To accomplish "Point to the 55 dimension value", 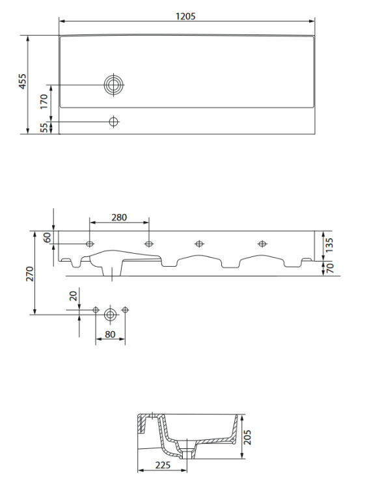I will [44, 128].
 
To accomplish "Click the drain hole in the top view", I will [114, 85].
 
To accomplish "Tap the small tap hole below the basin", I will [114, 122].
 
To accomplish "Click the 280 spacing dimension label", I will [118, 217].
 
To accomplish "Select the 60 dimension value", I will [47, 237].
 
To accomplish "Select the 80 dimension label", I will [110, 335].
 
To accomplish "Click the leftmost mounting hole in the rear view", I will [89, 244].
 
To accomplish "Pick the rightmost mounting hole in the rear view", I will [262, 244].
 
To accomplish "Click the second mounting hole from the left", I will [149, 244].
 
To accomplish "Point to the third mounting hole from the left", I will [199, 244].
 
